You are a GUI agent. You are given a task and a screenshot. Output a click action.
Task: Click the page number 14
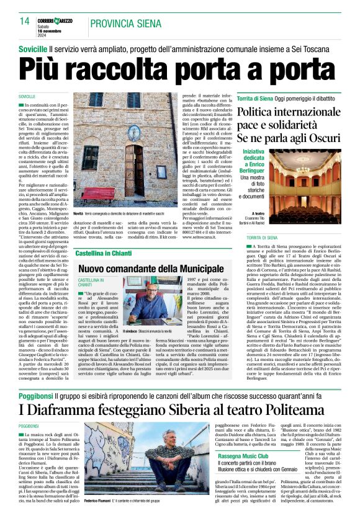click(25, 20)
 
